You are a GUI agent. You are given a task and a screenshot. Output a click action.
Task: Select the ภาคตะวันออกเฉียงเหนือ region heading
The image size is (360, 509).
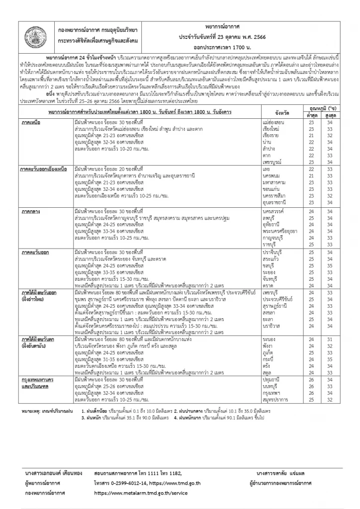coord(48,170)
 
